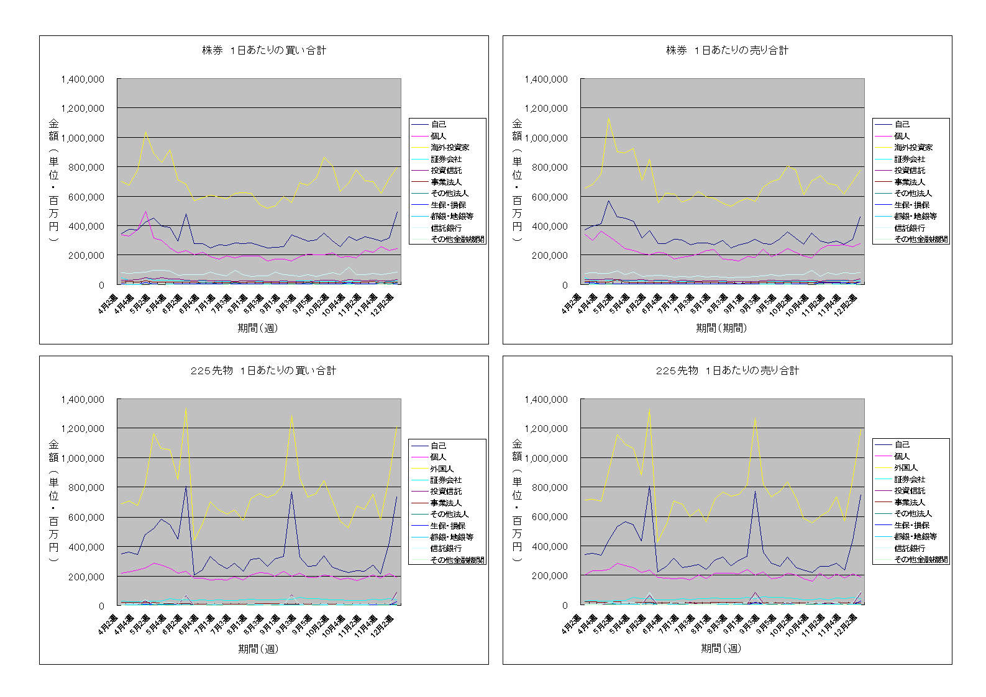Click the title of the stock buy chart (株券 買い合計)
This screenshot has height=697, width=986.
click(x=264, y=50)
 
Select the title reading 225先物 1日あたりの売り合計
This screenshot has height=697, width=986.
click(x=728, y=371)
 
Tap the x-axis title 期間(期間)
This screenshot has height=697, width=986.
click(x=721, y=328)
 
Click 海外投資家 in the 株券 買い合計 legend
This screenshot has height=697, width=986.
click(x=450, y=148)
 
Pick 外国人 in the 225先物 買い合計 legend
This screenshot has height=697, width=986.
click(x=442, y=469)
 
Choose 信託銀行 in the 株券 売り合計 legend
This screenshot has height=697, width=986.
click(x=910, y=228)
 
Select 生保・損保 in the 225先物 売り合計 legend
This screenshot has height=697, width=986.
click(x=912, y=525)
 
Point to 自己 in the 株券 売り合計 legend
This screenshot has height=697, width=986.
click(x=902, y=124)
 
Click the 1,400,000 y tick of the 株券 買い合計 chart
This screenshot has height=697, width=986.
click(x=83, y=79)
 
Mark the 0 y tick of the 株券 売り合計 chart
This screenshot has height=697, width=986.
click(x=564, y=285)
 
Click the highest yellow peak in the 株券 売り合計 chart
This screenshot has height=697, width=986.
click(x=609, y=118)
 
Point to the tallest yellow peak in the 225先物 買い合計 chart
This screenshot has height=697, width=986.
click(x=186, y=408)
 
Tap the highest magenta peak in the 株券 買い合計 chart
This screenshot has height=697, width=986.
click(x=145, y=211)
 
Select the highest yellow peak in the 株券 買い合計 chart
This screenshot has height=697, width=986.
click(x=145, y=132)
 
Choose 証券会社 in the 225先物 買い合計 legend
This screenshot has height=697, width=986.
click(x=446, y=480)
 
